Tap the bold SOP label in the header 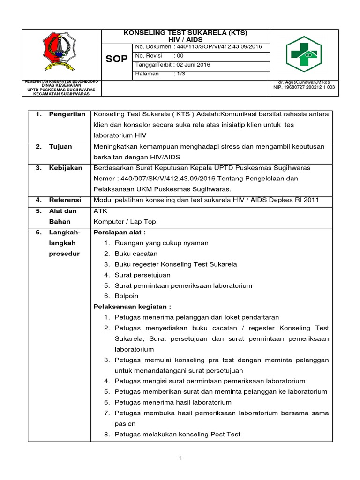[117, 59]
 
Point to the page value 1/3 [180, 74]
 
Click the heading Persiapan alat [120, 232]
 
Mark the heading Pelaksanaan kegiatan [133, 307]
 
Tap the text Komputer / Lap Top [126, 221]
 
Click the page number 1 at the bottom [180, 458]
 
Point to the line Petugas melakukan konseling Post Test [177, 434]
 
